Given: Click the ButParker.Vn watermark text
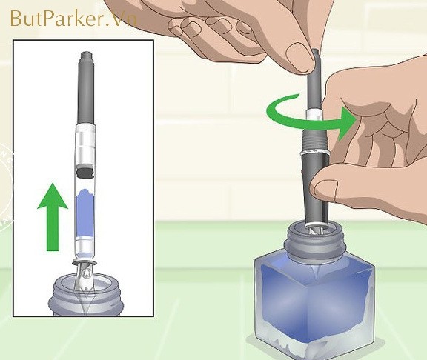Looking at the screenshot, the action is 73,19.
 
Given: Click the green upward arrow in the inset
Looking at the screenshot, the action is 53,217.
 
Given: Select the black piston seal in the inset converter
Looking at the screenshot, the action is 85,173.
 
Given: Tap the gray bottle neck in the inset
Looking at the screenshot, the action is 85,296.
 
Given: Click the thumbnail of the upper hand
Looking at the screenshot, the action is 299,56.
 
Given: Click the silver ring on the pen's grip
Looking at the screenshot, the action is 315,153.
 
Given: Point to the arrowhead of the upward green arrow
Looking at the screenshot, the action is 53,196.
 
